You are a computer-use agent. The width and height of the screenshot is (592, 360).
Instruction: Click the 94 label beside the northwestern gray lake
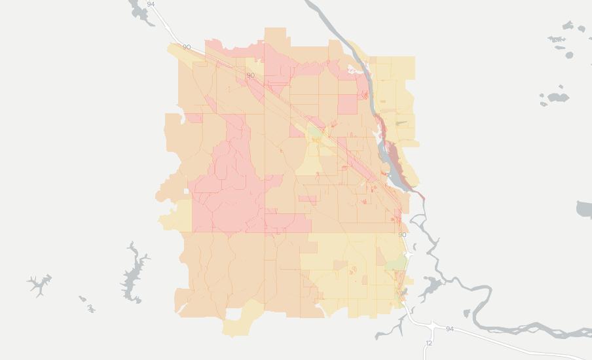click(x=151, y=4)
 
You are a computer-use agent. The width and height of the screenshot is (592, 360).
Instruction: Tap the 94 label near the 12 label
click(x=450, y=329)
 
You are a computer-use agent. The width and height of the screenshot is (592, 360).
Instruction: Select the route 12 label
click(x=429, y=343)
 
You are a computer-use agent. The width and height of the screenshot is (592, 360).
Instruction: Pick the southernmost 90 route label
click(x=402, y=234)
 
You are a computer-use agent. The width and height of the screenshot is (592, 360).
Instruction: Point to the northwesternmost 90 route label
click(x=187, y=47)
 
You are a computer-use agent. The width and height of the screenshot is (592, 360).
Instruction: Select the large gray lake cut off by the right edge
click(x=585, y=209)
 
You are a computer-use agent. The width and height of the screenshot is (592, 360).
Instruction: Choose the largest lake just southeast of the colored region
click(x=432, y=285)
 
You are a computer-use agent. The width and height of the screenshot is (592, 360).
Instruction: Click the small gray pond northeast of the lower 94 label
click(x=466, y=314)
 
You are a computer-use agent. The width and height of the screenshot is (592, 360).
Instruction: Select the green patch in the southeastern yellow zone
click(x=396, y=263)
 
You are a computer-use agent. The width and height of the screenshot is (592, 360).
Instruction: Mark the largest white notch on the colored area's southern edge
click(x=234, y=314)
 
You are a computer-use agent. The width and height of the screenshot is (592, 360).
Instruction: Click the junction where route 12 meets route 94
click(x=433, y=325)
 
